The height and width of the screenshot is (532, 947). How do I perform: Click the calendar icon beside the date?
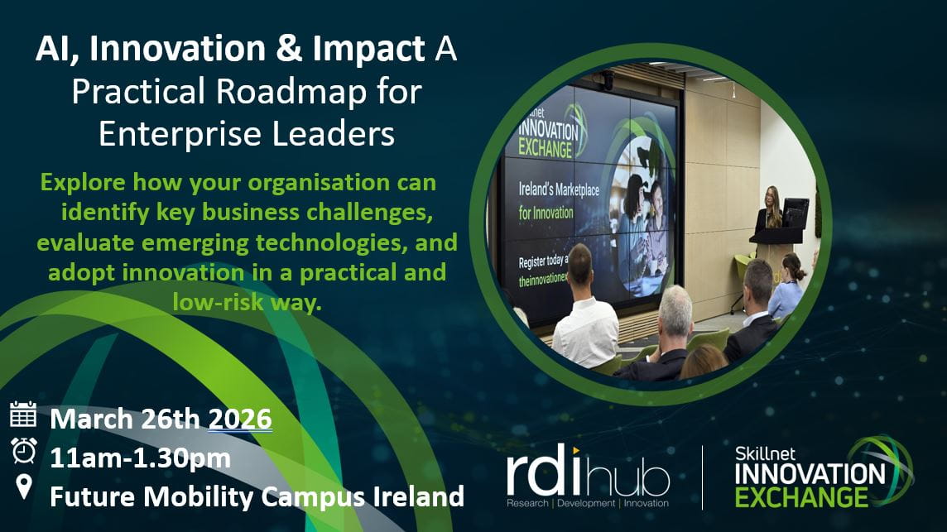[x=23, y=414]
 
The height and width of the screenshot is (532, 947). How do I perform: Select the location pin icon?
[x=24, y=487]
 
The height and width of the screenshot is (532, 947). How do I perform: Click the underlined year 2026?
[x=240, y=419]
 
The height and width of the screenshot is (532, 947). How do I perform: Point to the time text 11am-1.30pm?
[x=140, y=458]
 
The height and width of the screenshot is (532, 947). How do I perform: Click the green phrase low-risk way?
[x=246, y=303]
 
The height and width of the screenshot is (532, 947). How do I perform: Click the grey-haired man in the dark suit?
[x=671, y=339]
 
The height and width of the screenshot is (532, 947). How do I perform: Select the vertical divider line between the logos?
[x=703, y=477]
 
